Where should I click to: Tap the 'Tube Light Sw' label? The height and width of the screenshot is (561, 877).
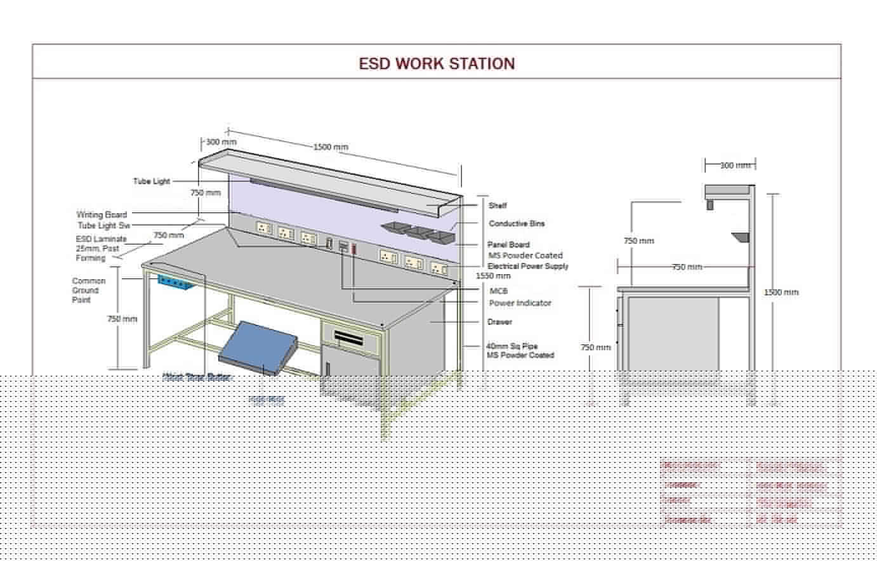(104, 225)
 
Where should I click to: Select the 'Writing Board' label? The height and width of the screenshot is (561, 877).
(102, 214)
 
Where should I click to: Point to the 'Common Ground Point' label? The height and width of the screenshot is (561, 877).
(89, 290)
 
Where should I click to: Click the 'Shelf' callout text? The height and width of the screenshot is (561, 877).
(498, 206)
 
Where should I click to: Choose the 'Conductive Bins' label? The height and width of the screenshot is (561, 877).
(517, 223)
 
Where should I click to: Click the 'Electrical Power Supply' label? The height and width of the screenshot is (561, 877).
(528, 267)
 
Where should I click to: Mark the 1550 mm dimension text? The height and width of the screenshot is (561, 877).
(493, 276)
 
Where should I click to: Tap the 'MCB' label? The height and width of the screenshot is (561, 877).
(499, 291)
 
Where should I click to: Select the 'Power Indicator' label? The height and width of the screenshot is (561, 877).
(520, 303)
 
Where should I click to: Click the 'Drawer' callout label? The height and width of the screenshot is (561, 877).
(499, 322)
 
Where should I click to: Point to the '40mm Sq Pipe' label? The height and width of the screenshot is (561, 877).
(512, 346)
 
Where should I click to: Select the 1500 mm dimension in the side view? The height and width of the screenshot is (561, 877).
(781, 293)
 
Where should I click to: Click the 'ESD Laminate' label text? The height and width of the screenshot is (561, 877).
(101, 239)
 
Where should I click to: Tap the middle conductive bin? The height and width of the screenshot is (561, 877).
(419, 232)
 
